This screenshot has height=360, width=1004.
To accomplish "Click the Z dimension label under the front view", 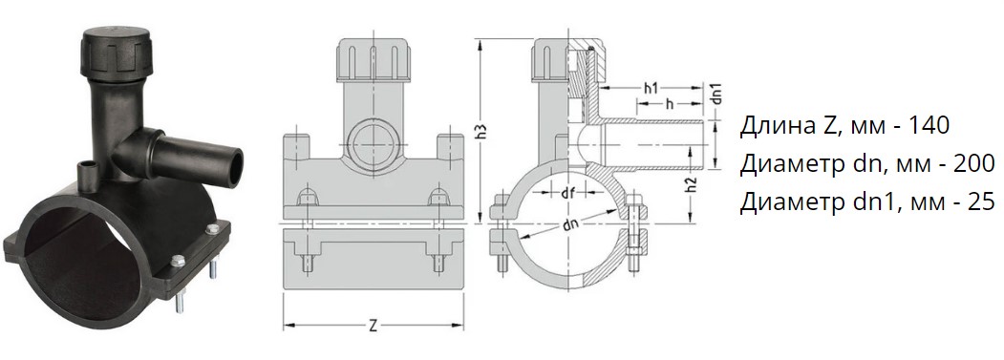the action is (x=374, y=326).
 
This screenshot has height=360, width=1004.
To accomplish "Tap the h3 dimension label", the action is (x=485, y=131).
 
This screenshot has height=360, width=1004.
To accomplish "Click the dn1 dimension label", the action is (x=717, y=94).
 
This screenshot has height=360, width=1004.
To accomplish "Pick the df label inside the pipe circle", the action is (x=566, y=194).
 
